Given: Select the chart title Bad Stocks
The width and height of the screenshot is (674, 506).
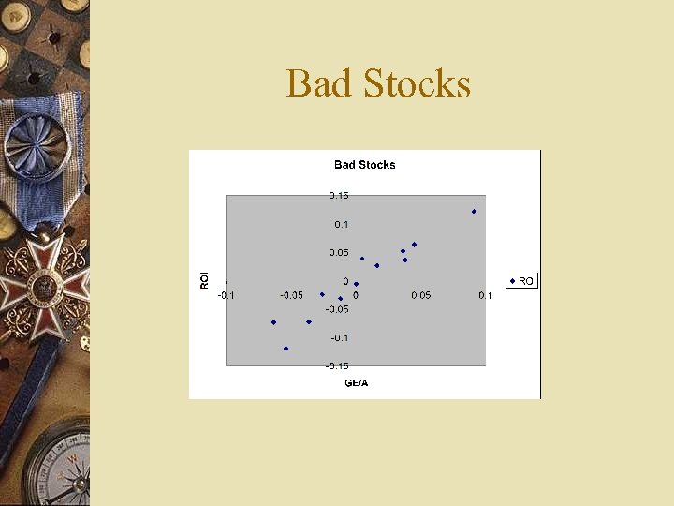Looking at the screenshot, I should [365, 165].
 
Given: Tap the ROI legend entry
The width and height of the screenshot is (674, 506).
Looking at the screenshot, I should [523, 281].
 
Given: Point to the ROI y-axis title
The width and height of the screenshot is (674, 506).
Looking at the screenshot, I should [205, 279].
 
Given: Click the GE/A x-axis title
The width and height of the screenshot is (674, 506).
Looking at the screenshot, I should [356, 383].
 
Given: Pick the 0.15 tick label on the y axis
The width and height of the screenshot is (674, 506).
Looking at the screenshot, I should [338, 196].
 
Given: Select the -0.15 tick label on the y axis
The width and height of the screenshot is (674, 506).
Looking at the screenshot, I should [337, 366].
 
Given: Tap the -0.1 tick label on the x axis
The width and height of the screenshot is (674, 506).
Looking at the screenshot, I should [227, 295].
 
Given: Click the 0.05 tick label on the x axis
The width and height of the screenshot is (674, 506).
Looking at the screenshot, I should [420, 295].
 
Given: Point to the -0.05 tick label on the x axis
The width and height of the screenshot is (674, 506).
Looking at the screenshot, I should [291, 295].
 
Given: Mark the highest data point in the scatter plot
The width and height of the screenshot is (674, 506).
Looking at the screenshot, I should [475, 212].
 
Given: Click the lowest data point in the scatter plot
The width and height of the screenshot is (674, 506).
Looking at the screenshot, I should [286, 349].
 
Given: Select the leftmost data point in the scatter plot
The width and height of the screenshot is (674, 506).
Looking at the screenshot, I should [273, 322].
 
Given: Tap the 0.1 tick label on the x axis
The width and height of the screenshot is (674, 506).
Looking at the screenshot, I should [485, 295].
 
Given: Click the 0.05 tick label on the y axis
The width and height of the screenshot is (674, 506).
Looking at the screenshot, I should [338, 253].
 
